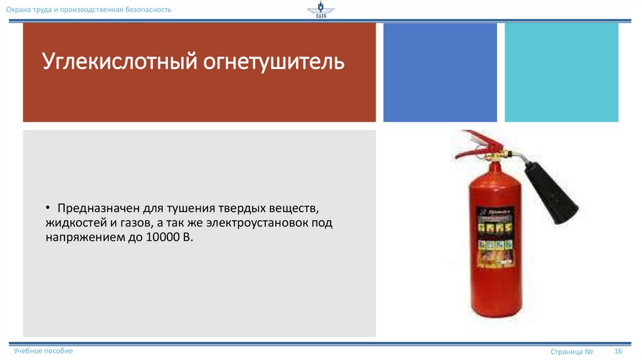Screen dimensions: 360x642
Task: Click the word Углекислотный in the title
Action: (118, 63)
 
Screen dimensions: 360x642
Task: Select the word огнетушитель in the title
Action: (273, 63)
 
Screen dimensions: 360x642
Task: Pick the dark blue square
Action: (439, 72)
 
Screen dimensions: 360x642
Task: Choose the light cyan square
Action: (561, 72)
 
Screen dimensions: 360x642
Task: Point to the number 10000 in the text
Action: (167, 238)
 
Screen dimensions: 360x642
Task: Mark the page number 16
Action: (618, 351)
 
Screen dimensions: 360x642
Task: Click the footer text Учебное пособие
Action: (43, 351)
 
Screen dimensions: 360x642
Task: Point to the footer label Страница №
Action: (572, 351)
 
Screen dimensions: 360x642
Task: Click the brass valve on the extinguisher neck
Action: (494, 154)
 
